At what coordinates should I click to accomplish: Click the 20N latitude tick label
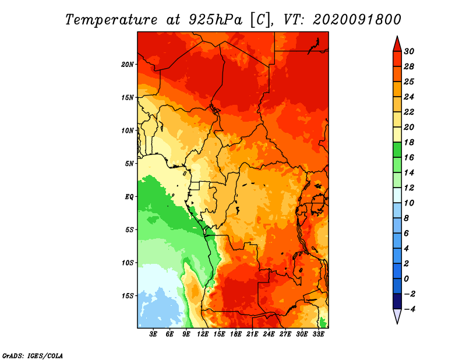point(127,65)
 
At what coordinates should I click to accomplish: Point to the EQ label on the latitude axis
point(129,197)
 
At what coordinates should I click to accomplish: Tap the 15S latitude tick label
point(128,296)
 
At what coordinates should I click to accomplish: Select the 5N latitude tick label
point(129,164)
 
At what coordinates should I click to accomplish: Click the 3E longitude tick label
point(153,334)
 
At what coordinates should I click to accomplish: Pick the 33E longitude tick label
point(318,334)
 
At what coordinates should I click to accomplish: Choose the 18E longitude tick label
point(236,334)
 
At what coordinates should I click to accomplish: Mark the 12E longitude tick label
point(203,334)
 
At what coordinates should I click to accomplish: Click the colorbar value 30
point(409,51)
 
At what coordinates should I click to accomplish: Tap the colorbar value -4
point(409,309)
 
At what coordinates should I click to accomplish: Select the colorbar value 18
point(409,142)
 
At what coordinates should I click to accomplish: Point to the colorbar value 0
point(406,279)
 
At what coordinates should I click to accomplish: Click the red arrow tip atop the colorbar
point(397,37)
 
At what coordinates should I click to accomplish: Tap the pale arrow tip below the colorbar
point(397,323)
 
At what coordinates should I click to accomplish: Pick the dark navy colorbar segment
point(397,301)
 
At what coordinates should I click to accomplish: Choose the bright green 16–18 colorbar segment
point(397,150)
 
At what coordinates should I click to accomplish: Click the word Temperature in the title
point(111,20)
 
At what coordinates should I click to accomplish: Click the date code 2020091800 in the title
point(357,20)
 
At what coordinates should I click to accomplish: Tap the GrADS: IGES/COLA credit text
point(33,355)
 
